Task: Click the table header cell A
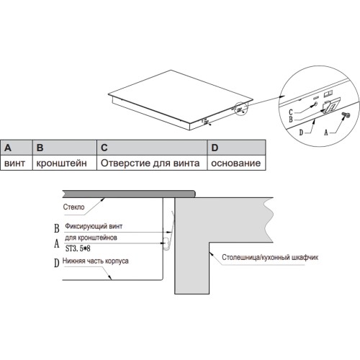[17, 148]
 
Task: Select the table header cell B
[65, 148]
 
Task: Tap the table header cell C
[152, 148]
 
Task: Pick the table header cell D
[236, 148]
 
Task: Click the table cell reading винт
[17, 163]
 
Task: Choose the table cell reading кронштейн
[65, 163]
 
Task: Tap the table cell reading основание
[236, 163]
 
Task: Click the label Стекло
[73, 207]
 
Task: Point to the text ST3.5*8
[78, 248]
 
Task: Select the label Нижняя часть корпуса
[95, 261]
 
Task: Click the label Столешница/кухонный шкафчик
[270, 257]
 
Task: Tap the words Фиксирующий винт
[94, 226]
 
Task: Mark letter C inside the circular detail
[291, 112]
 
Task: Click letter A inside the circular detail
[326, 132]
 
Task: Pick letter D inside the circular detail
[301, 132]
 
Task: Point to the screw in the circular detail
[346, 115]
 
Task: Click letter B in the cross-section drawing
[57, 228]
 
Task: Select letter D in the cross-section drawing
[56, 263]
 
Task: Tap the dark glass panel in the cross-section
[129, 194]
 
